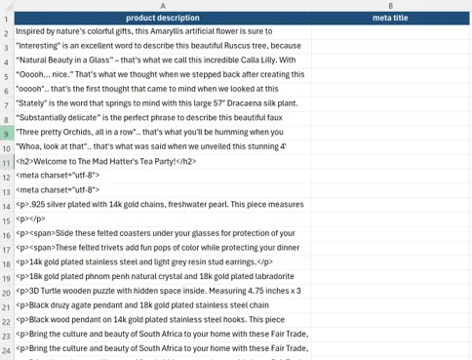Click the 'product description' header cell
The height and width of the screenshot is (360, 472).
coord(162,19)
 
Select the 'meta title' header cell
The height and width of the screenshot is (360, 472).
coord(390,19)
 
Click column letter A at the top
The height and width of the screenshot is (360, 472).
coord(162,6)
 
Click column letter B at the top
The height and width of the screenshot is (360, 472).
coord(390,6)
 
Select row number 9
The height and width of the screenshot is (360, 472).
coord(6,133)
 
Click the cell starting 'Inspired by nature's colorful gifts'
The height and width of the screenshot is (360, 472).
coord(162,31)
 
